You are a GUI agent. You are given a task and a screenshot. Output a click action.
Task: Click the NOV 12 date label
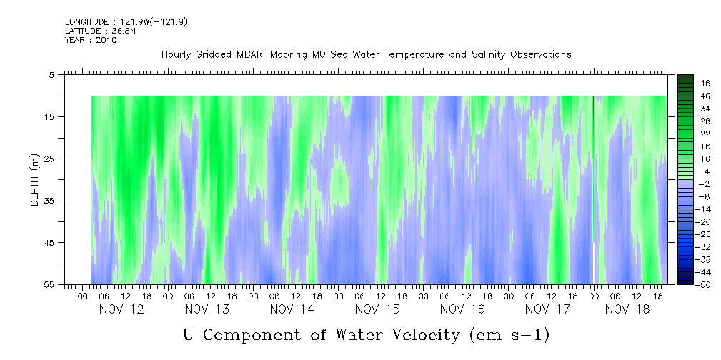click(x=121, y=309)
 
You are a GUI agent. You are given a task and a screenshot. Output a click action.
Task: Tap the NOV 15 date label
click(x=377, y=309)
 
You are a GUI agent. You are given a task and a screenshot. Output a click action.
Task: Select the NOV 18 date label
click(x=627, y=309)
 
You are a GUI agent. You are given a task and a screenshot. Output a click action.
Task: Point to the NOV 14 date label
click(x=292, y=309)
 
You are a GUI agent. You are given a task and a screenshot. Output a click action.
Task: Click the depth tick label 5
click(x=51, y=75)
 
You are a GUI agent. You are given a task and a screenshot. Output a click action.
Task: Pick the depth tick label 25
click(x=49, y=159)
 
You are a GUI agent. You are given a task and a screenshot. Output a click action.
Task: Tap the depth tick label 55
click(x=49, y=285)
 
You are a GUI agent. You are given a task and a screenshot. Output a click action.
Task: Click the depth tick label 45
click(x=49, y=243)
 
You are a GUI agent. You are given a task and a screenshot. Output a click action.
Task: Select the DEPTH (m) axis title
click(x=35, y=180)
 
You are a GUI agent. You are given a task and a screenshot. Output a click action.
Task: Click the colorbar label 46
click(x=705, y=84)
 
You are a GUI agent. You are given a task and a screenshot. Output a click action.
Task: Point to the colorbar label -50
click(x=704, y=285)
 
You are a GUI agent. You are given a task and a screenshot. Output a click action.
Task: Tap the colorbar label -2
click(x=704, y=184)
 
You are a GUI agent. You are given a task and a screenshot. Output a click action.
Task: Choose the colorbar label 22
click(x=705, y=134)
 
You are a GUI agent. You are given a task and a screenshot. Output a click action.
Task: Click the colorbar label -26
click(x=704, y=234)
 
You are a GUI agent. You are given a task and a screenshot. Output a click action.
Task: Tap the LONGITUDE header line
click(x=126, y=21)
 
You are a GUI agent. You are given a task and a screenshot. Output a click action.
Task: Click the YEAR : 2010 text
click(x=91, y=40)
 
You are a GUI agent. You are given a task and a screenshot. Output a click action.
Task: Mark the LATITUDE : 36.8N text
click(x=100, y=31)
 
